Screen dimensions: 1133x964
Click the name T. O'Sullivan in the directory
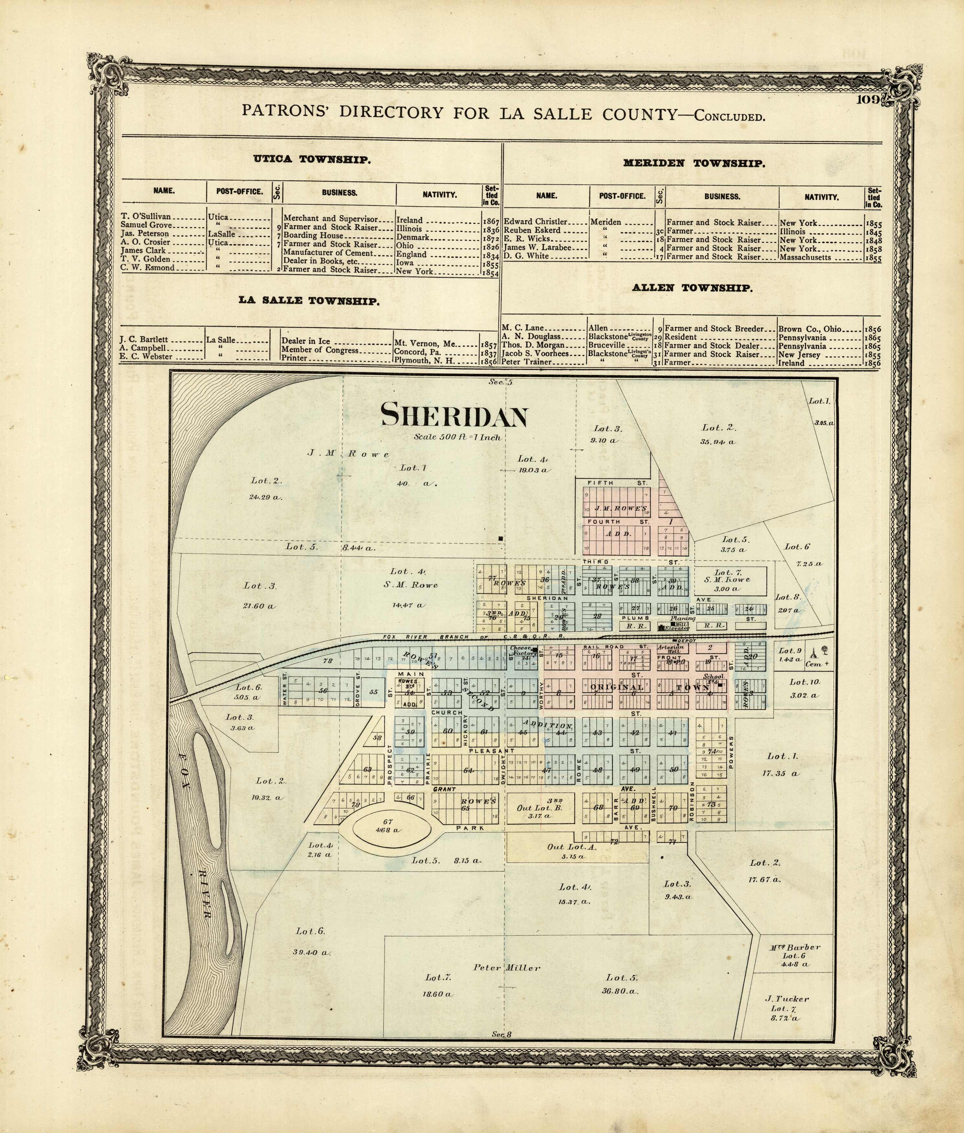click(x=146, y=217)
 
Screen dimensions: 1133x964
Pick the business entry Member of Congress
click(x=320, y=350)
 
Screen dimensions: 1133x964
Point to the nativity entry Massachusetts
click(x=805, y=257)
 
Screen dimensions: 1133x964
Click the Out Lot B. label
click(x=539, y=807)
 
